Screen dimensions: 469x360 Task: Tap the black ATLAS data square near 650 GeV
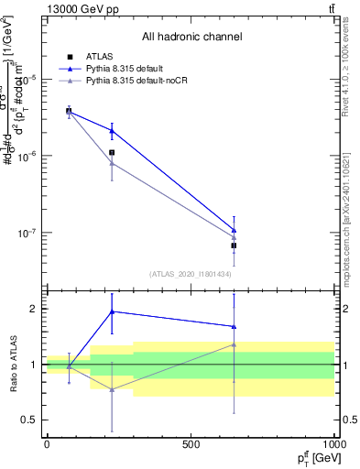coord(234,245)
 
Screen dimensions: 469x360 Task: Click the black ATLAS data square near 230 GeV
coord(112,153)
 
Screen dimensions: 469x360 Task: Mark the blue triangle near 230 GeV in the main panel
coord(112,131)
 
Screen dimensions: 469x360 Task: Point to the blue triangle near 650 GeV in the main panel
coord(234,230)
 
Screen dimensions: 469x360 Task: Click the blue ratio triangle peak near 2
coord(112,311)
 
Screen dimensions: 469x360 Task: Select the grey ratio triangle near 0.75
coord(112,389)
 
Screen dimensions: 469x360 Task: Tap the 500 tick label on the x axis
coord(191,444)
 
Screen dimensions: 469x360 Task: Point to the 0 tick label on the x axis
coord(47,444)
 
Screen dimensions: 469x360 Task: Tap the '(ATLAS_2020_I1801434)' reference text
coord(191,274)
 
